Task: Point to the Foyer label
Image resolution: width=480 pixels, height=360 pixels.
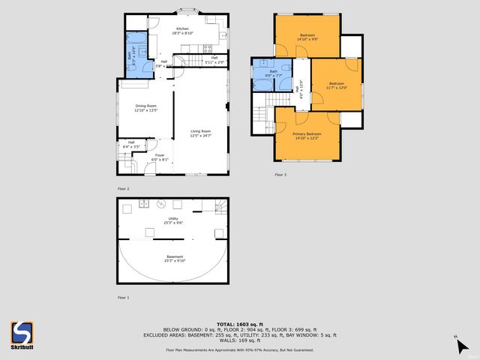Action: coord(160,157)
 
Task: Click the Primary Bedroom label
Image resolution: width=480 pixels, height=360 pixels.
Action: coord(306,135)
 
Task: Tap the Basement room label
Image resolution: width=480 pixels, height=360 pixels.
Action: coord(174,259)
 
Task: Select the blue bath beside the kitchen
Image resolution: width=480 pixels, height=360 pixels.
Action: coord(136,55)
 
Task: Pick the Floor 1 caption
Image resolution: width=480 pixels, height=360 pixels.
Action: coord(123,298)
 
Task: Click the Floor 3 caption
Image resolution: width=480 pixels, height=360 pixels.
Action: coord(280,174)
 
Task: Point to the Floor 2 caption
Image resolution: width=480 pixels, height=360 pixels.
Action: coord(123,187)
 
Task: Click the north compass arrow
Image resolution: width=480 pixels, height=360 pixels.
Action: coord(462,346)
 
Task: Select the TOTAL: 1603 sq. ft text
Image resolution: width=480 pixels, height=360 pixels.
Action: coord(240,323)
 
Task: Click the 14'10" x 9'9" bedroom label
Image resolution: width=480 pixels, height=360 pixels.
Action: coord(307,37)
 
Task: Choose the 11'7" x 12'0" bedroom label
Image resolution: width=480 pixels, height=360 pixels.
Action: coord(335,85)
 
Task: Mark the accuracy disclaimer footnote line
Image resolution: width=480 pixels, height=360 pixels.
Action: coord(240,350)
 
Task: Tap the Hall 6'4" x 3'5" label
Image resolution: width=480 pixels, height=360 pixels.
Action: coord(131,144)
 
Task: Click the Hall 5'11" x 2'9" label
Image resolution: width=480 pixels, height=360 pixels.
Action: coord(214,60)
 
